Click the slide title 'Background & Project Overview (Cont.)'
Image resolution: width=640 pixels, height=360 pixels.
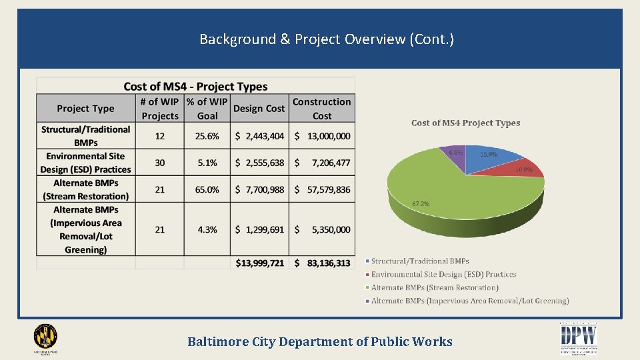tap(327, 39)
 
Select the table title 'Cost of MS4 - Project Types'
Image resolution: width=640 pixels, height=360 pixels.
tap(195, 87)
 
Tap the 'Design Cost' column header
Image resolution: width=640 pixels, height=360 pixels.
tap(259, 109)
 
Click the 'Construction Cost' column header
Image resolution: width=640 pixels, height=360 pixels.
tap(321, 109)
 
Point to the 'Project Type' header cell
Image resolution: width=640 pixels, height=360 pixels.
tap(85, 109)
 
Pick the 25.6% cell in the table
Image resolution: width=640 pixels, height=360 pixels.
tap(207, 136)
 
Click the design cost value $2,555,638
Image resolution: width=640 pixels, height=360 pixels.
tap(259, 163)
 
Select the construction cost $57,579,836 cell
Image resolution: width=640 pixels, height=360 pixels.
tap(322, 190)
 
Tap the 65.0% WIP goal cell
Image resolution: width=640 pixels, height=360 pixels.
tap(207, 190)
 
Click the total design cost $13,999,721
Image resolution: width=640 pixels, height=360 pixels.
tap(259, 263)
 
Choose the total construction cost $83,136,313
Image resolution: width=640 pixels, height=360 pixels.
tap(322, 263)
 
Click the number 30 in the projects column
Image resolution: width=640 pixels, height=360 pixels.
tap(160, 163)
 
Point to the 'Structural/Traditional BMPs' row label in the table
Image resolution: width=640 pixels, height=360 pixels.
tap(85, 136)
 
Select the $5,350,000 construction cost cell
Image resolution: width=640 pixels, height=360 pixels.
tap(322, 229)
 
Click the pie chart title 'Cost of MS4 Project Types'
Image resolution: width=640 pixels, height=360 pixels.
tap(465, 123)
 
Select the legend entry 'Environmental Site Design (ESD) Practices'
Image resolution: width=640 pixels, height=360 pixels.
tap(443, 275)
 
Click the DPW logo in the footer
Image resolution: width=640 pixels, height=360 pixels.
tap(578, 338)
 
